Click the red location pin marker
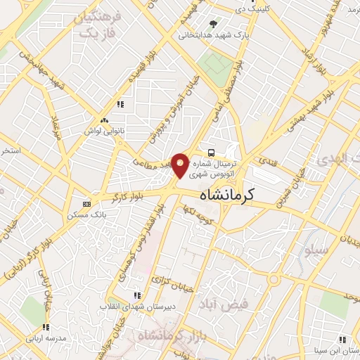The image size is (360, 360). (181, 164)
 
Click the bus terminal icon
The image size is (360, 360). (211, 153)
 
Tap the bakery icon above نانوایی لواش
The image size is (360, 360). (104, 120)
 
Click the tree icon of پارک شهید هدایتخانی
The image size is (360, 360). (213, 24)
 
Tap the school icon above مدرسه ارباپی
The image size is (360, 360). (46, 328)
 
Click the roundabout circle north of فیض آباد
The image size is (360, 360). (274, 279)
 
